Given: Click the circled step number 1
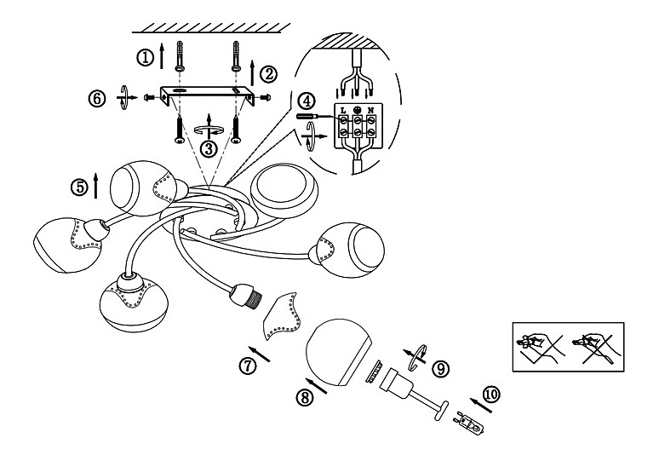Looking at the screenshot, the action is [146, 57].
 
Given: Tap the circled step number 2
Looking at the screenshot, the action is [268, 74].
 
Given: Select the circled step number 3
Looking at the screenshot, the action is [209, 148].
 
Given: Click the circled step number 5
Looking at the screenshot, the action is [80, 187].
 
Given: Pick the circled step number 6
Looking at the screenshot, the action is [97, 99].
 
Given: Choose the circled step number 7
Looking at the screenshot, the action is [248, 365].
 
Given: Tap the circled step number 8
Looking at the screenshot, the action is [305, 397].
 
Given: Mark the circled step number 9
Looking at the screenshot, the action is [440, 369].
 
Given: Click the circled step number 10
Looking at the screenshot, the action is [491, 395].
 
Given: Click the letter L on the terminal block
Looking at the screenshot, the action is [343, 110].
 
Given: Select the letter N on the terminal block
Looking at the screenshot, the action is [370, 110].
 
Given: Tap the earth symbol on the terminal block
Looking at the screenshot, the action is [357, 109].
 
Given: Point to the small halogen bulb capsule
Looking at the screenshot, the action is [468, 424].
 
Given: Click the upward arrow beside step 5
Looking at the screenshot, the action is [96, 186].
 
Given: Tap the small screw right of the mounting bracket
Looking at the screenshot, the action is [265, 98].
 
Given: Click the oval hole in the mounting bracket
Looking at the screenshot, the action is [182, 90].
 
